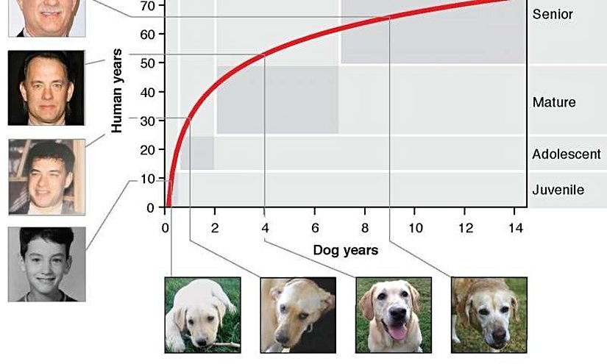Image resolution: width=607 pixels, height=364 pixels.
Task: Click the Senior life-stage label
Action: coord(552,14)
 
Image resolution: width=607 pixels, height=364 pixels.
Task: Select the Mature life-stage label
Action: coord(553,102)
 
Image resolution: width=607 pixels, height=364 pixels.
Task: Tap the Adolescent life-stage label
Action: coord(566,154)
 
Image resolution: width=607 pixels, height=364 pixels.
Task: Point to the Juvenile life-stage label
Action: coord(558,190)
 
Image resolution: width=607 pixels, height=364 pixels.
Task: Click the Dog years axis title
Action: coord(345,250)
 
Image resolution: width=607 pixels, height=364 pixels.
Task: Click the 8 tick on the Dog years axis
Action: coord(364,227)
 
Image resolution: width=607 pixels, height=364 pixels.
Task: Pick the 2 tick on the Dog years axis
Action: coord(215,227)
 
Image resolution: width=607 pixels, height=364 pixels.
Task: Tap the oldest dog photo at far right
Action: coord(489,314)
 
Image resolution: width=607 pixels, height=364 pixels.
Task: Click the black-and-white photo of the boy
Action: coord(46,264)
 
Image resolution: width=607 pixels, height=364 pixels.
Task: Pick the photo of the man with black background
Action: coord(46,88)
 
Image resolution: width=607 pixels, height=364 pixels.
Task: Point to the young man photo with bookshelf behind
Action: coord(46,176)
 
